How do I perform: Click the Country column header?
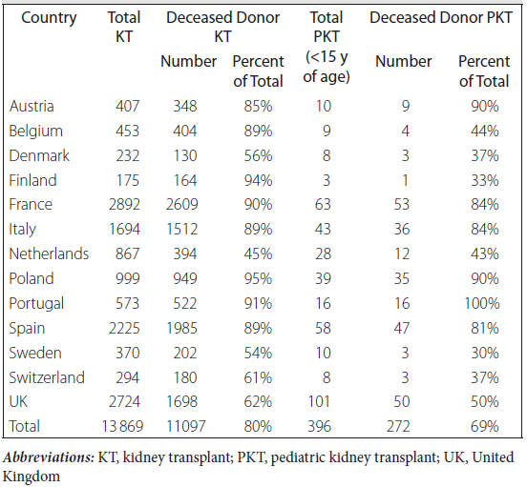pos(49,18)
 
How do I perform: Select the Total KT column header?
pos(124,27)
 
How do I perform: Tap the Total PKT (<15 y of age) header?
pos(327,47)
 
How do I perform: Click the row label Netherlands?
pos(49,254)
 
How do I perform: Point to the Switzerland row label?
pos(47,377)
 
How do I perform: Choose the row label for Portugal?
pos(36,304)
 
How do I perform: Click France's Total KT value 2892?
pos(124,204)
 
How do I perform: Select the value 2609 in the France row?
pos(181,204)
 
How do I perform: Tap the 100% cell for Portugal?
pos(482,303)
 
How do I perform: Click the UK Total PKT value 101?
pos(319,401)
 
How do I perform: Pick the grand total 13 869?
pos(122,426)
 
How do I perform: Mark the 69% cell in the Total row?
pos(485,426)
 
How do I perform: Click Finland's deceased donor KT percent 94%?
pos(258,180)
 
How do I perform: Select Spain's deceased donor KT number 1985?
pos(181,328)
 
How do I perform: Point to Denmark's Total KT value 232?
pos(128,155)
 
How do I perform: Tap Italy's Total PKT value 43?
pos(323,229)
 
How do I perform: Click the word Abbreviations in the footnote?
pos(49,457)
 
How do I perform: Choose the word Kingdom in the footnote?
pos(32,477)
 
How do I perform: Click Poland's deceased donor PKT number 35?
pos(402,278)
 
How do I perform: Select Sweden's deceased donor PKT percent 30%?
pos(485,353)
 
